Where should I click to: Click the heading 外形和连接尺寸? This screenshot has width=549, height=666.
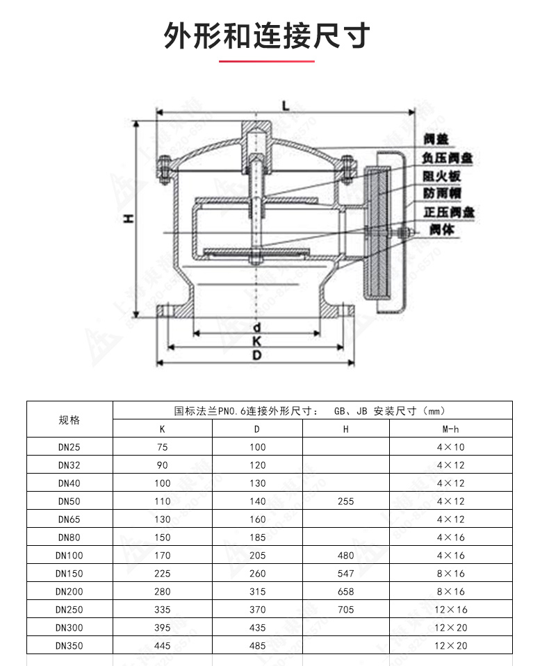[267, 36]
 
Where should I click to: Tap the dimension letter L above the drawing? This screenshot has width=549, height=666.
[286, 105]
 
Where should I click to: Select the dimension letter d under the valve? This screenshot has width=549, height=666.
[256, 326]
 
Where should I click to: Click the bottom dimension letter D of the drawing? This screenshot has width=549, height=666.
[256, 356]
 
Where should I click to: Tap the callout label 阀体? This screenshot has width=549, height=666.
[442, 229]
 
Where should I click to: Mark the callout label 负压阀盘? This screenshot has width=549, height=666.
[449, 158]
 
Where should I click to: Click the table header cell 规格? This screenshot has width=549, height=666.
[69, 419]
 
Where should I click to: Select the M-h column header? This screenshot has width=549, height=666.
[450, 429]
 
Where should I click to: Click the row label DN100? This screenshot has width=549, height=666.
[69, 556]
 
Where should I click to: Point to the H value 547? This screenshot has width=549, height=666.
[345, 574]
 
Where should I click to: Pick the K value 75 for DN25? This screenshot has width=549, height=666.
[163, 447]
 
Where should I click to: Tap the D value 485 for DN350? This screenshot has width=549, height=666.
[257, 646]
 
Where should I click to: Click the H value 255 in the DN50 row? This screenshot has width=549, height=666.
[345, 501]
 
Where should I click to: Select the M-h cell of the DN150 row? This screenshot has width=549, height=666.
[450, 574]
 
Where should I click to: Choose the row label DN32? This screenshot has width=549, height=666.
[69, 465]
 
